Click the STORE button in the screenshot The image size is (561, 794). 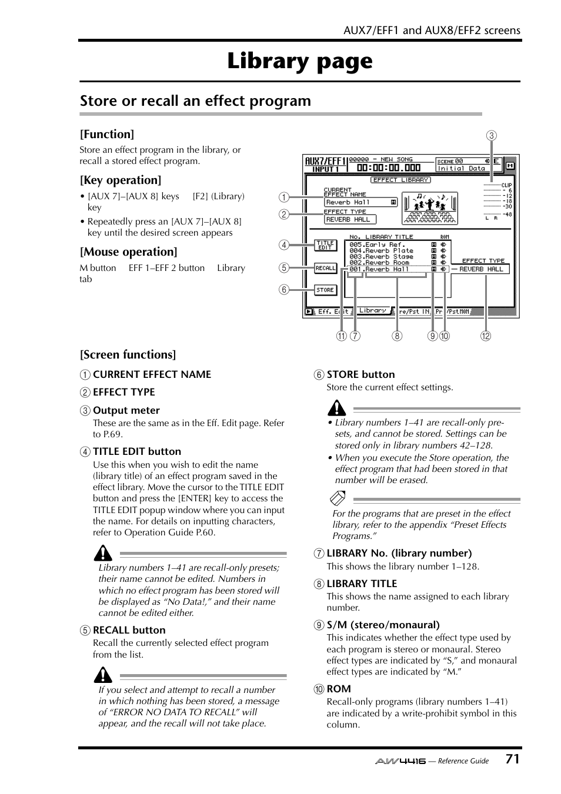pyautogui.click(x=325, y=290)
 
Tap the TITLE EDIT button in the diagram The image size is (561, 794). pyautogui.click(x=325, y=245)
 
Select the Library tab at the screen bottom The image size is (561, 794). pyautogui.click(x=373, y=310)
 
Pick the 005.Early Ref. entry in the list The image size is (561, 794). pyautogui.click(x=376, y=244)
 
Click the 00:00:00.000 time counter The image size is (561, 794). pyautogui.click(x=388, y=168)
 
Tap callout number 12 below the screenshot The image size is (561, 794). pyautogui.click(x=485, y=336)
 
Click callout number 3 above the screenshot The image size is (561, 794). pyautogui.click(x=491, y=136)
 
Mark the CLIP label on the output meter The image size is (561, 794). pyautogui.click(x=506, y=185)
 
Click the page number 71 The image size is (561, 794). pyautogui.click(x=512, y=759)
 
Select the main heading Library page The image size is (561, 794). pyautogui.click(x=300, y=61)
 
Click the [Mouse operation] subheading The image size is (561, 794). pyautogui.click(x=129, y=252)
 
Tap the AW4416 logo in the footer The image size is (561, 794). pyautogui.click(x=400, y=761)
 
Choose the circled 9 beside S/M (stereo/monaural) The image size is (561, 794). pyautogui.click(x=319, y=625)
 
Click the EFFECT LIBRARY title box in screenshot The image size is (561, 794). pyautogui.click(x=401, y=180)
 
